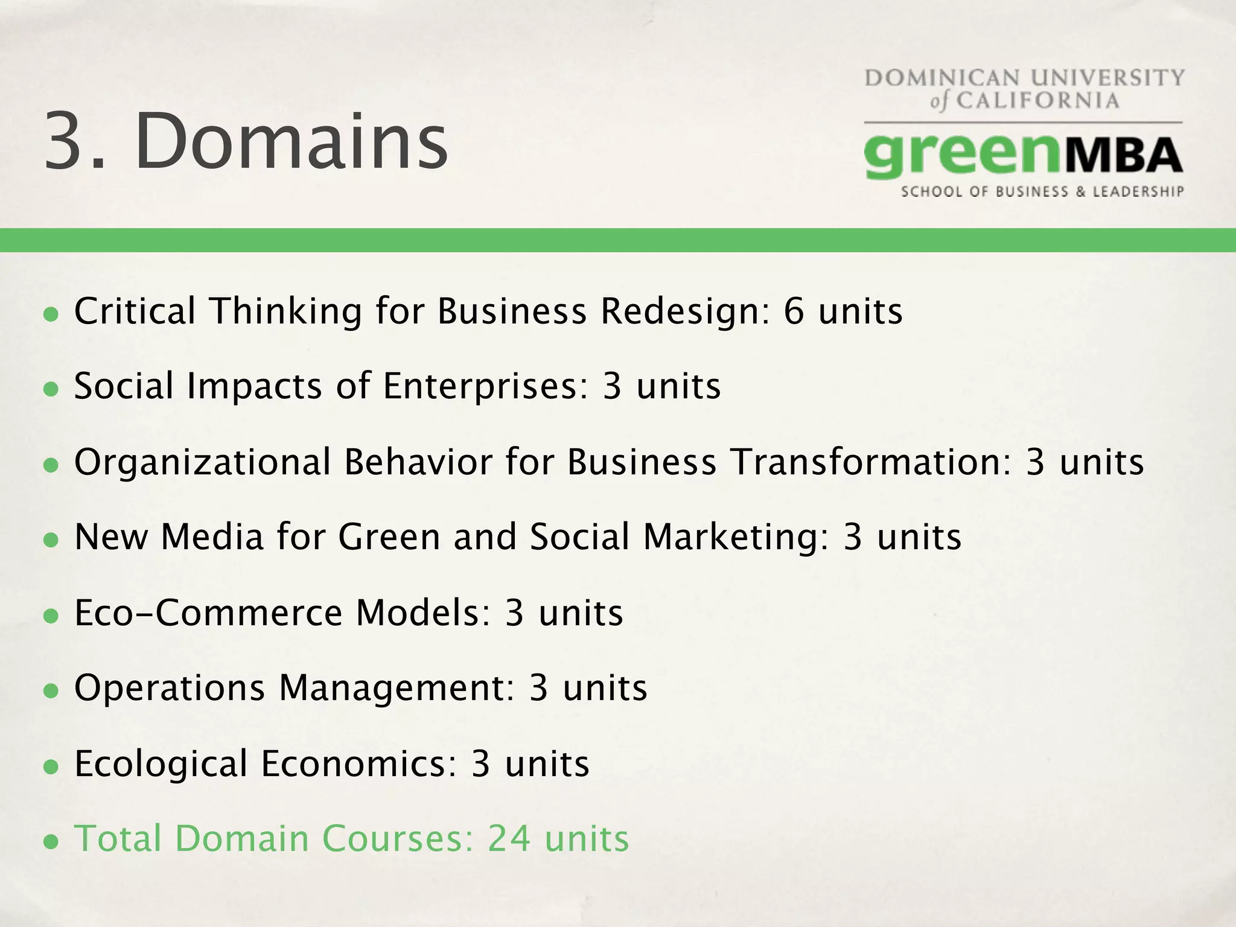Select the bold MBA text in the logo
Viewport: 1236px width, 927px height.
point(1121,155)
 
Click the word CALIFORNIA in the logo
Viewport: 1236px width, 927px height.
point(1037,100)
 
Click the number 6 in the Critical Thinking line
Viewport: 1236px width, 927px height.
point(794,311)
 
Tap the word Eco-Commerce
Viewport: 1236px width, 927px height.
point(208,613)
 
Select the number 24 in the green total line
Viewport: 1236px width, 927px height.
point(509,839)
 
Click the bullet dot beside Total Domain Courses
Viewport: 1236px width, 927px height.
point(51,841)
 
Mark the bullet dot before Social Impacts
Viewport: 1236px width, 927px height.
point(51,389)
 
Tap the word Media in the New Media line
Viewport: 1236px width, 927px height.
point(212,537)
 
